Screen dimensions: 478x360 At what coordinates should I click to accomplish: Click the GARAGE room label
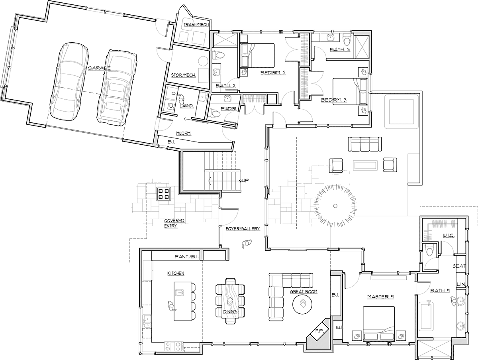99,68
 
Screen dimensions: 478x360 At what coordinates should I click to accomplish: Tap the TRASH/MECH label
196,25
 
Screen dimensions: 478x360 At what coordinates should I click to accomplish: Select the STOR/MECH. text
183,75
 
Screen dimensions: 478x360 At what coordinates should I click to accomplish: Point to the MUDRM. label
184,134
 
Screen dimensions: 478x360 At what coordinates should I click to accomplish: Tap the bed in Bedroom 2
257,55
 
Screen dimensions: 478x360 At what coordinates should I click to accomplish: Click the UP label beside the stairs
245,181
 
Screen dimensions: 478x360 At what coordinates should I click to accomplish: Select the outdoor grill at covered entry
164,194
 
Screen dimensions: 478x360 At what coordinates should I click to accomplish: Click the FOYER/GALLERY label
243,228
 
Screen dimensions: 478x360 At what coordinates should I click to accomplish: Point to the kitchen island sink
180,293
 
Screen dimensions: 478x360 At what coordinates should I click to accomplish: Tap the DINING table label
230,312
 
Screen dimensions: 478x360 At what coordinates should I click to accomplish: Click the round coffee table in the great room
302,305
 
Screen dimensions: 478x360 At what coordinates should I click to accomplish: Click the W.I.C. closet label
449,236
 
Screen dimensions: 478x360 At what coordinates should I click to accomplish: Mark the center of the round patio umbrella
335,206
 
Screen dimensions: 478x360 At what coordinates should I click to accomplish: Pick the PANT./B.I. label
187,257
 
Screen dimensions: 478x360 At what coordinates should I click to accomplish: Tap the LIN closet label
461,284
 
